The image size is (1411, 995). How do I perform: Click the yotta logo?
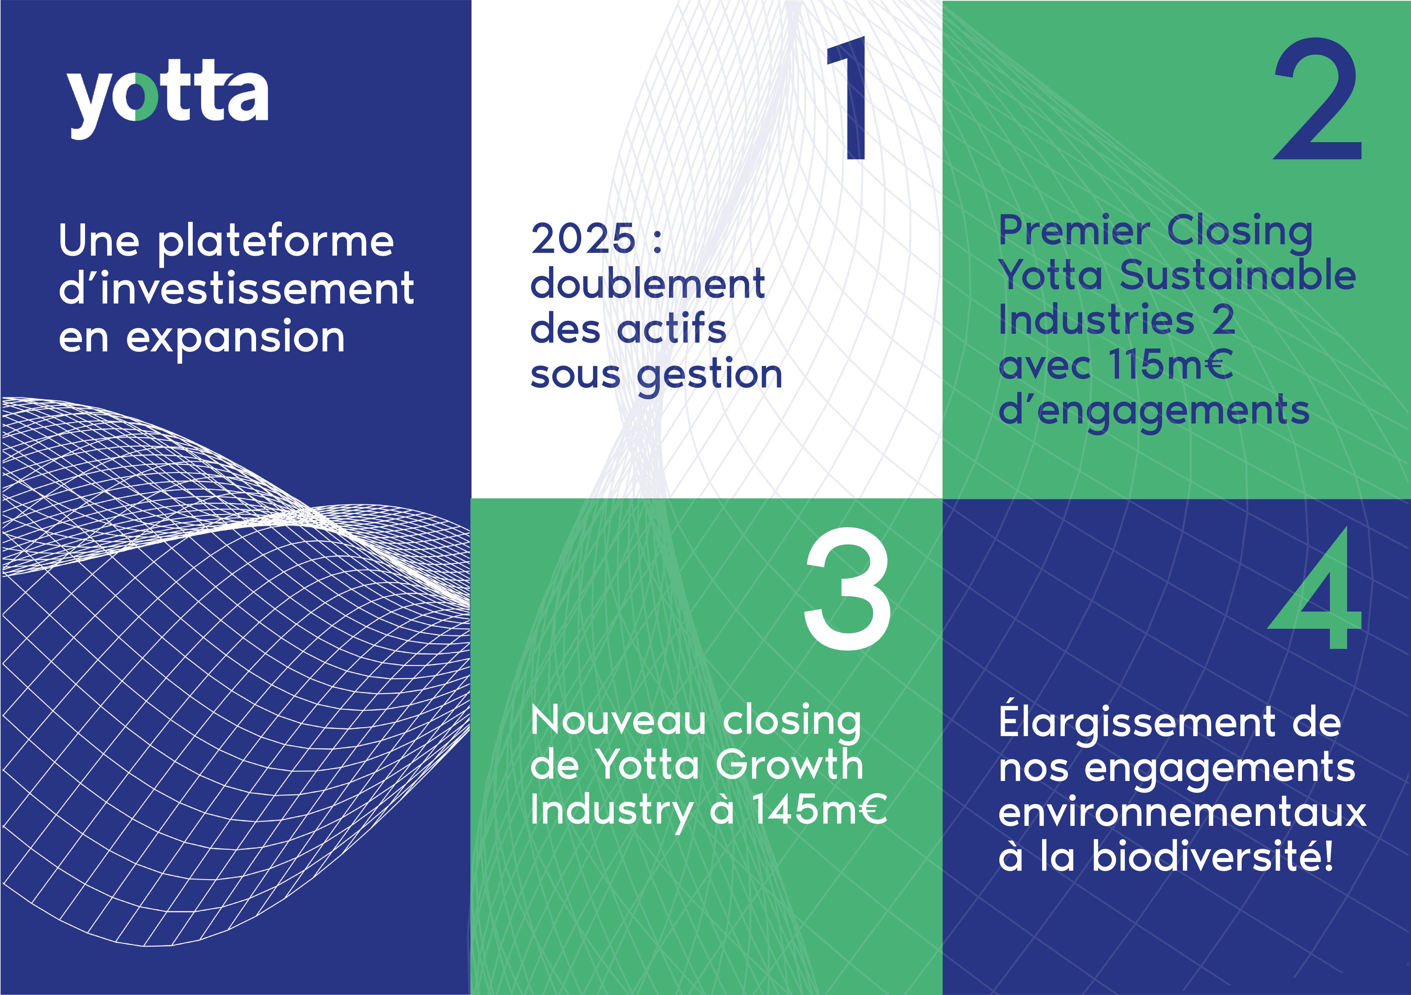pyautogui.click(x=167, y=98)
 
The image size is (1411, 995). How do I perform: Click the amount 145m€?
pyautogui.click(x=820, y=809)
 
